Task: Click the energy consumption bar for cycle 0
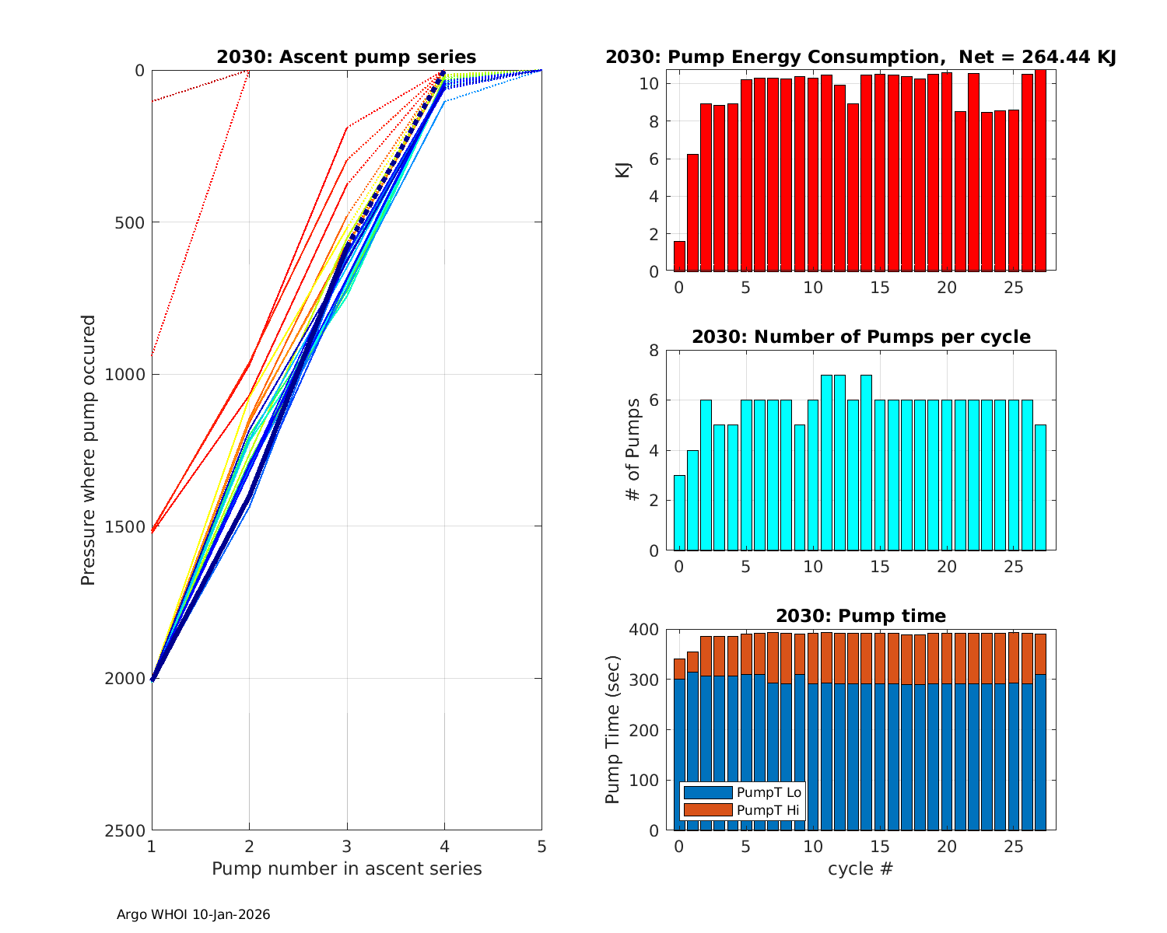[x=679, y=257]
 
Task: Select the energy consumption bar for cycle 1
[x=692, y=213]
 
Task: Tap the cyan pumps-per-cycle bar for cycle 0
[x=679, y=513]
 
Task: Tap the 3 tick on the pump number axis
[x=347, y=846]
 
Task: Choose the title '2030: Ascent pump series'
[x=346, y=57]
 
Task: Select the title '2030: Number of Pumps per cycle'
[x=861, y=337]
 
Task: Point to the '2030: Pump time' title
[x=861, y=616]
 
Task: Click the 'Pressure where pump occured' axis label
[x=88, y=450]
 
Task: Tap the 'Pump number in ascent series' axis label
[x=347, y=868]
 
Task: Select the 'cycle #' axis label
[x=860, y=868]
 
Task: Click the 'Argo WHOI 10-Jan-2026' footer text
[x=194, y=915]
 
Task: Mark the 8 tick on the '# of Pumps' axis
[x=654, y=351]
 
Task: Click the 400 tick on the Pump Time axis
[x=647, y=629]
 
